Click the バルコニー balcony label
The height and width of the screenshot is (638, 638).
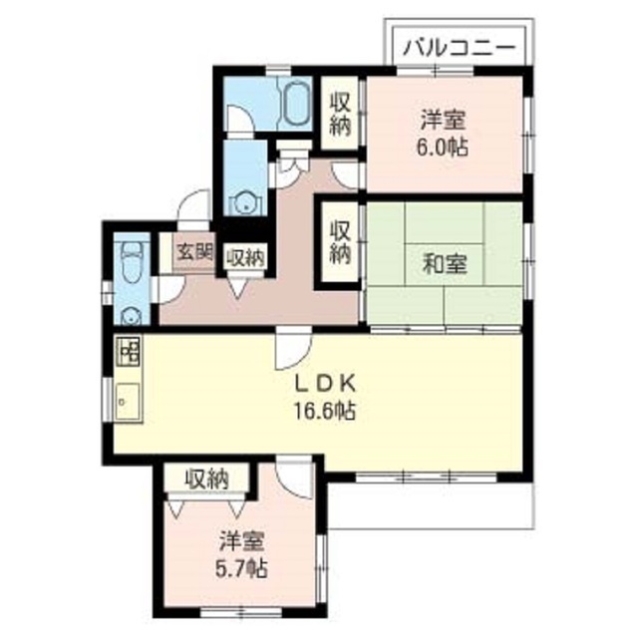460,47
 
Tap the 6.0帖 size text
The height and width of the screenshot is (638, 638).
445,146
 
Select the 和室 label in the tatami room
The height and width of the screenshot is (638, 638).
445,265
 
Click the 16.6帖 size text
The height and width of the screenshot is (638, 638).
325,410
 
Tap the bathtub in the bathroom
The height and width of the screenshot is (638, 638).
296,101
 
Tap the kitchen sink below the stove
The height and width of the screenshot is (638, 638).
128,402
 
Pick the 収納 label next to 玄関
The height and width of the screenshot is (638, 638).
245,256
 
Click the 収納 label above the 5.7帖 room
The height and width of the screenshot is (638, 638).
207,478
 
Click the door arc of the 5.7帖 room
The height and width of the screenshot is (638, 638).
295,477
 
